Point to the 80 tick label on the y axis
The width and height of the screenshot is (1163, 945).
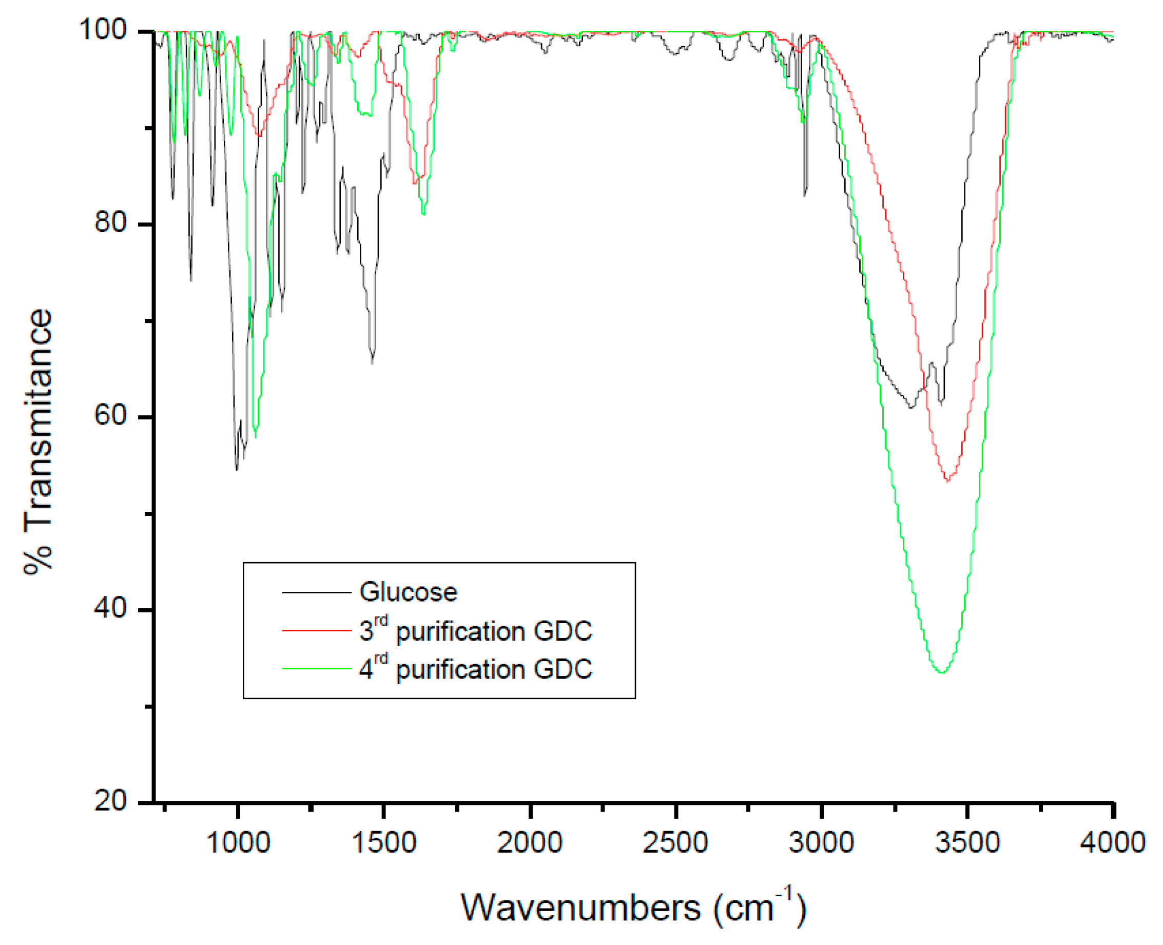[x=110, y=222]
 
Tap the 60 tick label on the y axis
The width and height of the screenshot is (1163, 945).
[x=110, y=415]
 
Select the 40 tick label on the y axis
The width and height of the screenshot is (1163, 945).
[x=110, y=608]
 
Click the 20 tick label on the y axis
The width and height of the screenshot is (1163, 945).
[x=110, y=801]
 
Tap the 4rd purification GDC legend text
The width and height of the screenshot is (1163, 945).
[x=476, y=669]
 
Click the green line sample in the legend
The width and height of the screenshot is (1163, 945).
[x=317, y=668]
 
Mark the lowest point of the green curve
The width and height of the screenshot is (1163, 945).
[x=942, y=673]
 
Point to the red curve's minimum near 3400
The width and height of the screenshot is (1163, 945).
[x=948, y=481]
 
